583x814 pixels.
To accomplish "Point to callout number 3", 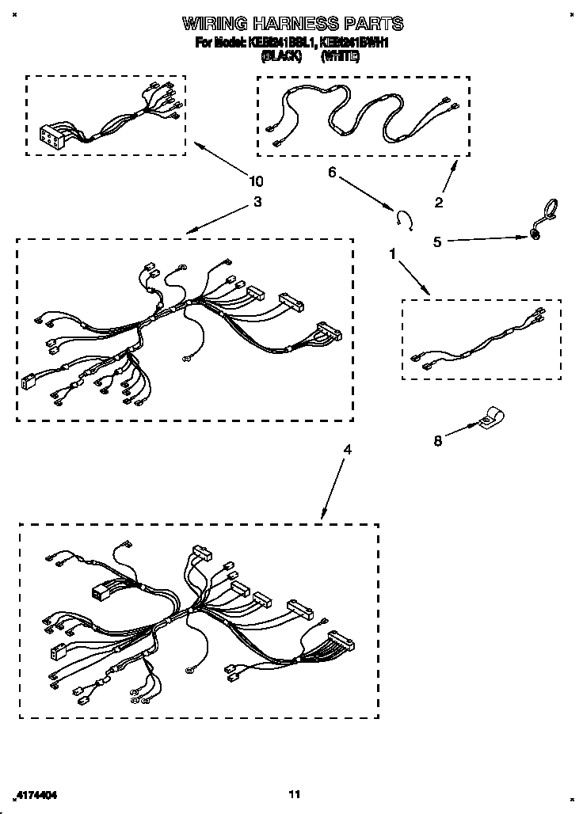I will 257,202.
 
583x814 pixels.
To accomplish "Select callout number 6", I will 332,172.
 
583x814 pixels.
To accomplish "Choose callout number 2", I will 439,203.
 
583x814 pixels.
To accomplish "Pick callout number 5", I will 437,242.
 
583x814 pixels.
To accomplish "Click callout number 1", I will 391,253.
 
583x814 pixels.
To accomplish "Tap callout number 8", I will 437,442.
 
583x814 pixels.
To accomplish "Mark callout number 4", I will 347,450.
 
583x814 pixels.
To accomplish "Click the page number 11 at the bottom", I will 294,794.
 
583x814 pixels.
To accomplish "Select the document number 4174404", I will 36,794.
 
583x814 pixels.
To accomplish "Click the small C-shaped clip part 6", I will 406,218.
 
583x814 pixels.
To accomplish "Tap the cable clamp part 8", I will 491,417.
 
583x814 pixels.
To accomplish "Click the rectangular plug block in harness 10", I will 51,138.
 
